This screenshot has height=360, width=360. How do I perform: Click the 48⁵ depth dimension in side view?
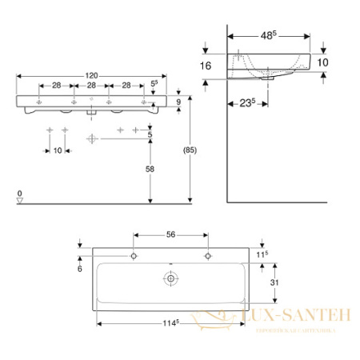click(x=268, y=36)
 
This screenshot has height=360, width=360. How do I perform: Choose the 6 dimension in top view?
click(x=80, y=270)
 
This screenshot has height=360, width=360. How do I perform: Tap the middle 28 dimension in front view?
click(x=92, y=84)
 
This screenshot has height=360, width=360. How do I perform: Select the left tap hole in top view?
click(x=134, y=256)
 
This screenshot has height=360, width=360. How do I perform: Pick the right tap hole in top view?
click(x=208, y=256)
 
